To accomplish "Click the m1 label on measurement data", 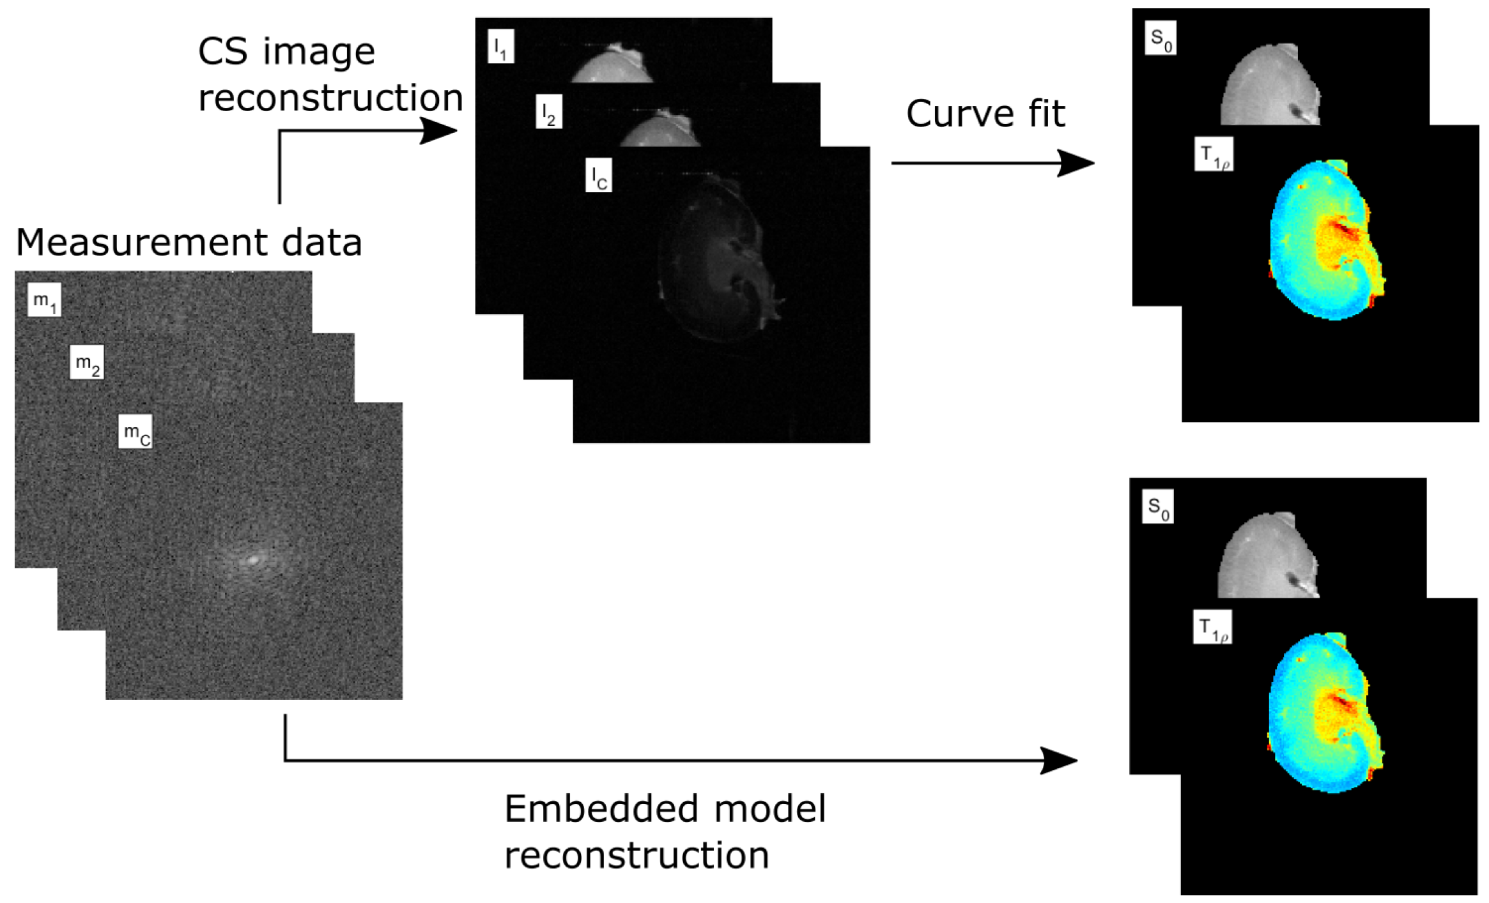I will [44, 300].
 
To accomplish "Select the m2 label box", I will [87, 363].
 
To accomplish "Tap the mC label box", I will [135, 432].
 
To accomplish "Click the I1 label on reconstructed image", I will [501, 46].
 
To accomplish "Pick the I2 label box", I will [549, 112].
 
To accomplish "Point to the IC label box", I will [599, 176].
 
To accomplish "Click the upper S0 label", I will [1161, 38].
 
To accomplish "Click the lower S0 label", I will [1158, 507].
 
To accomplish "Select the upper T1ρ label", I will [1214, 154].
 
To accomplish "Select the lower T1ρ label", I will [1212, 627].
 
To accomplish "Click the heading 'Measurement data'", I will [189, 243].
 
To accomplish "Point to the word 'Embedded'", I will [601, 809].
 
